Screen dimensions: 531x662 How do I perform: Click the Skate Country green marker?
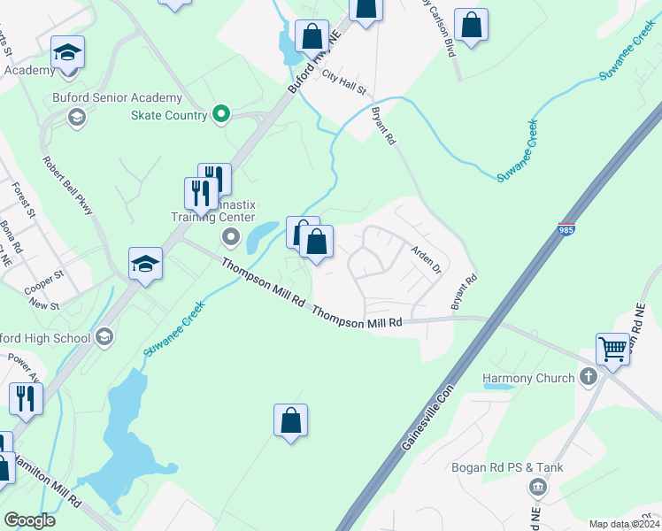click(222, 114)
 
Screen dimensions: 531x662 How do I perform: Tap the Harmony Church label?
click(528, 378)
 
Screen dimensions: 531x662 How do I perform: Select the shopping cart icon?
click(612, 349)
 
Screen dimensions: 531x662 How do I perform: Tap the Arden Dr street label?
click(427, 261)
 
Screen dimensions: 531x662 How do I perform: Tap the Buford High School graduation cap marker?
click(104, 336)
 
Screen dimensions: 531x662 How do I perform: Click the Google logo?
click(29, 520)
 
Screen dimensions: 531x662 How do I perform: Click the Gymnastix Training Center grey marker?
click(231, 236)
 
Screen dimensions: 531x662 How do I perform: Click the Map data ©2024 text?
click(625, 524)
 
